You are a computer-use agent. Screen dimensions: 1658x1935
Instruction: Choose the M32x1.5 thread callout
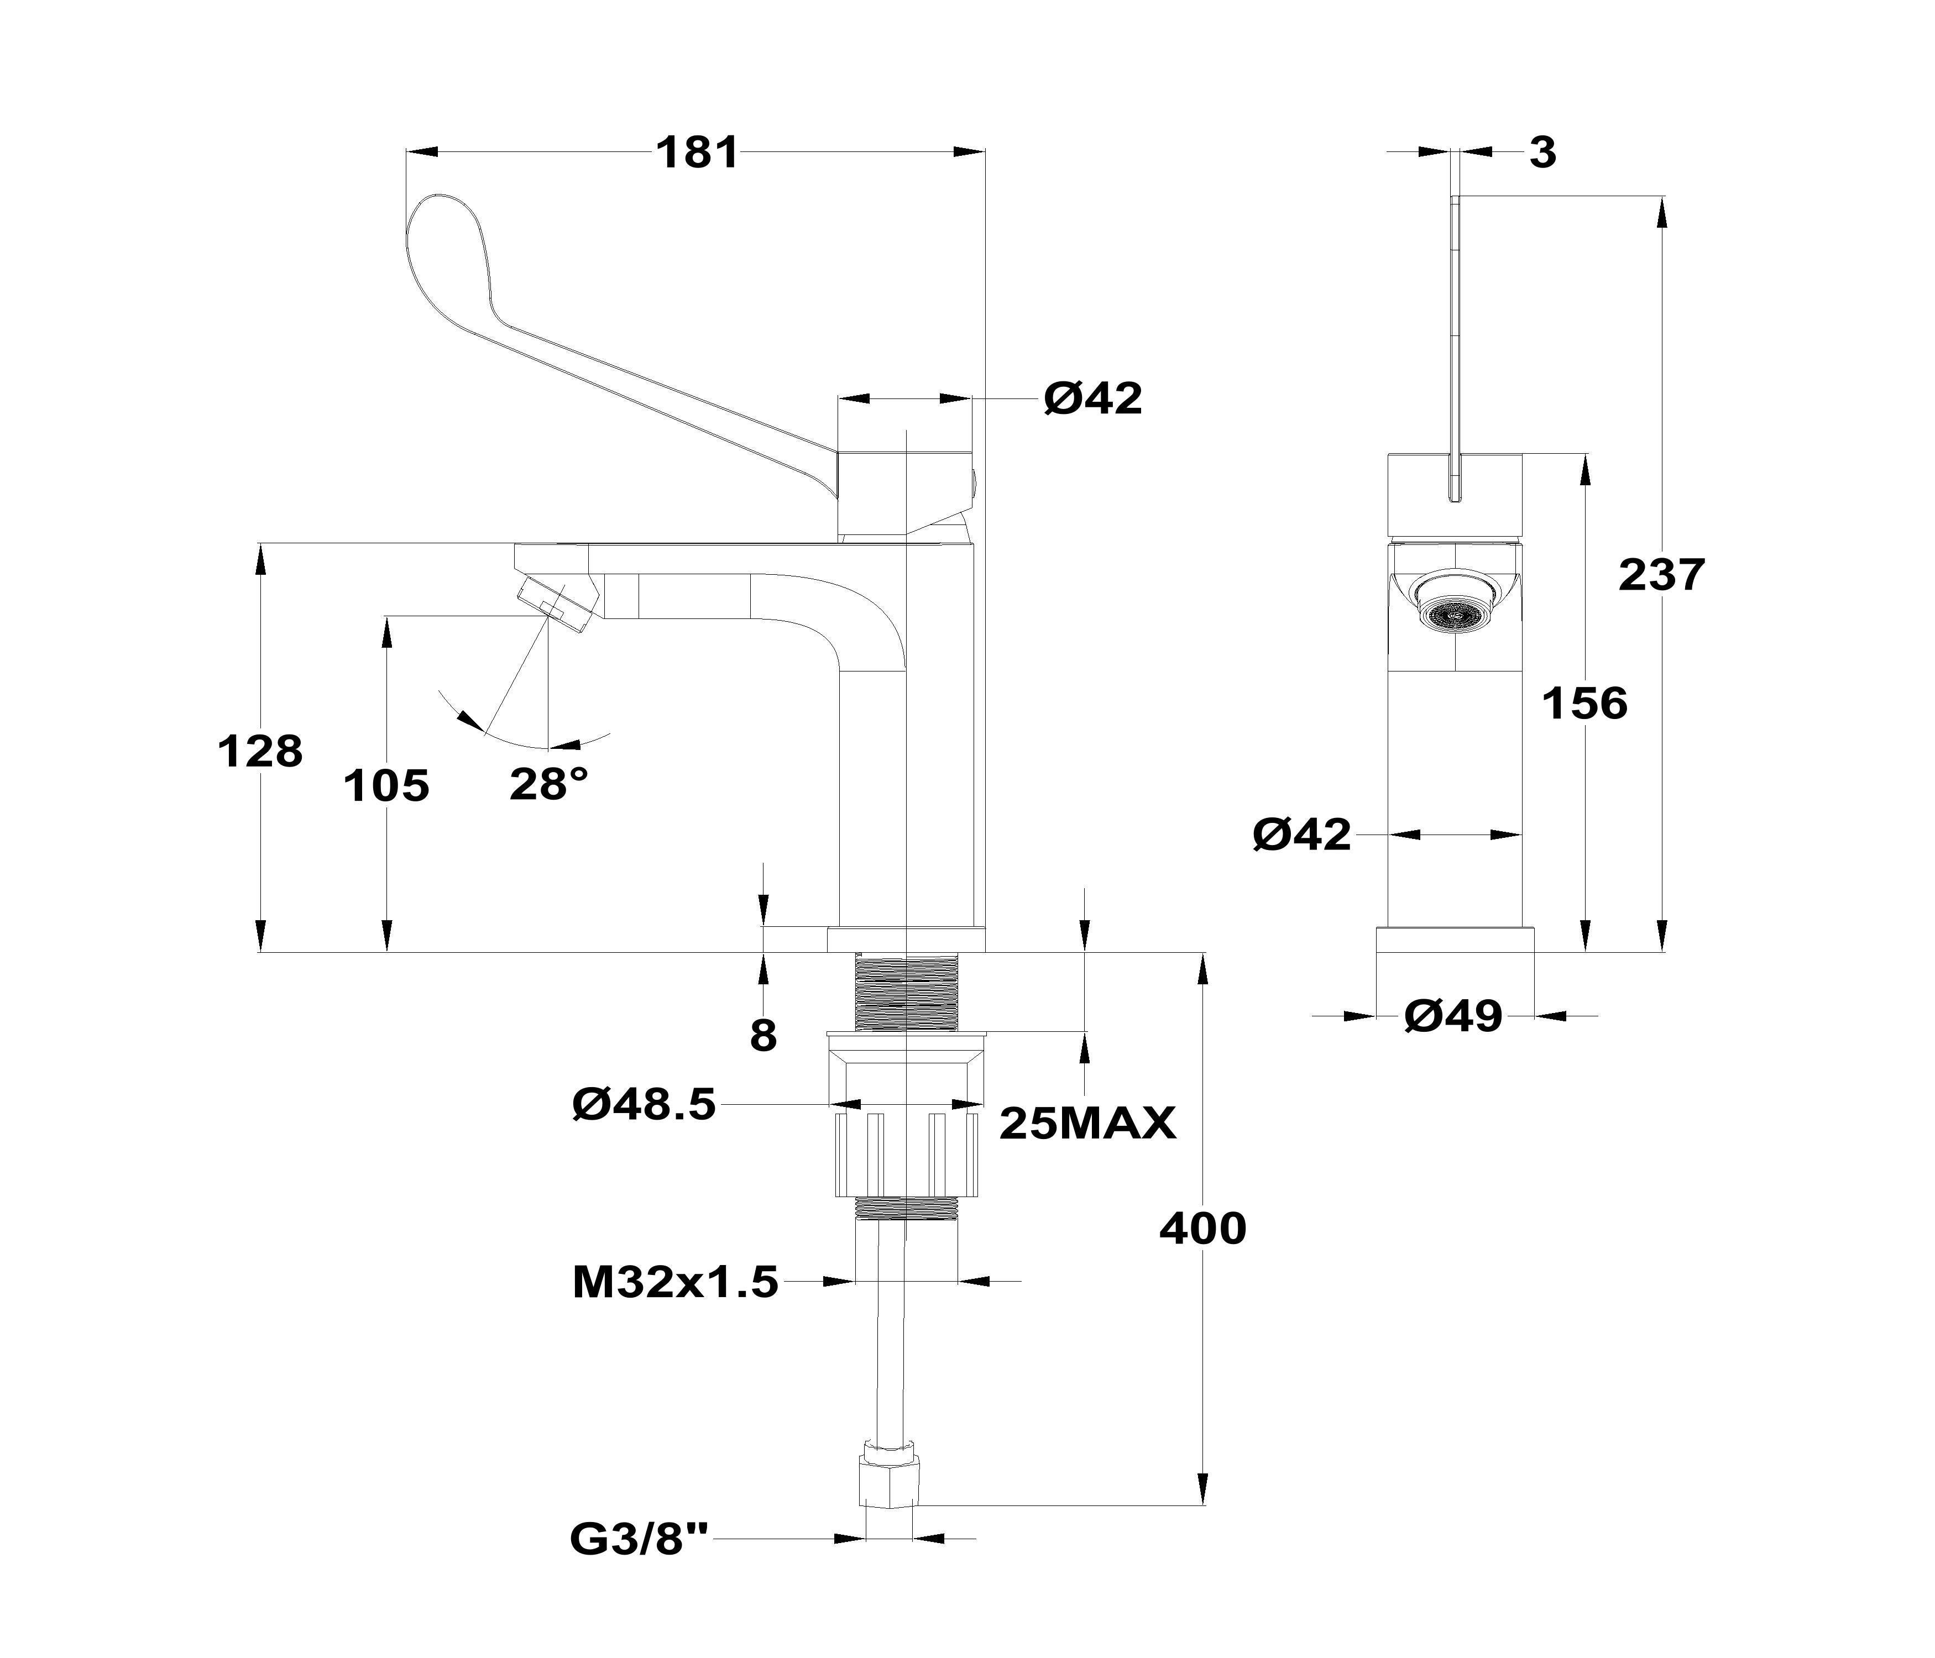pyautogui.click(x=674, y=1283)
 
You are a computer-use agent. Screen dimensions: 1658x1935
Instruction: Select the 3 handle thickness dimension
pyautogui.click(x=1543, y=152)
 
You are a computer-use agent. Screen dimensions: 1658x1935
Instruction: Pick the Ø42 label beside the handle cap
pyautogui.click(x=1092, y=398)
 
